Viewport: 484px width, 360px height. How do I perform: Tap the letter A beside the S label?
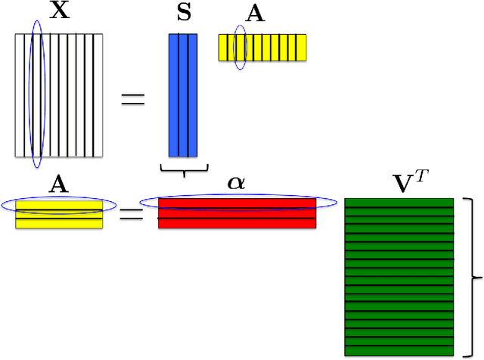(256, 16)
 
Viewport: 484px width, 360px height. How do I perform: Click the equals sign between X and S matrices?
(132, 98)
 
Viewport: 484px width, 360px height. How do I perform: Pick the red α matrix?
(237, 218)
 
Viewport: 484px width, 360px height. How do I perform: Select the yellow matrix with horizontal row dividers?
(59, 213)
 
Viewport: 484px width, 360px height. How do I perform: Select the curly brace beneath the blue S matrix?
(182, 171)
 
